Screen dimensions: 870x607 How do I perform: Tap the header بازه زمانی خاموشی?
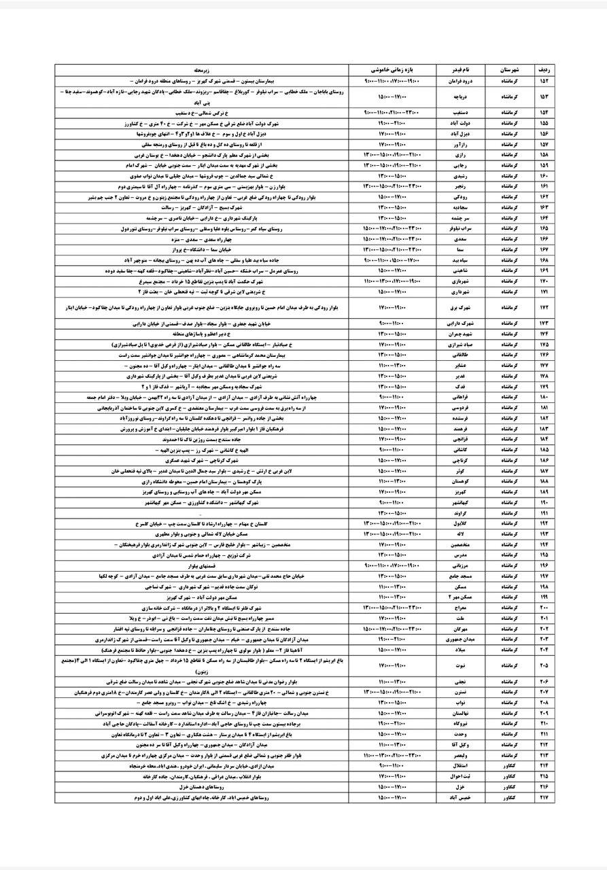click(392, 69)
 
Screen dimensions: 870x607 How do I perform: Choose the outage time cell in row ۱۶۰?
click(392, 175)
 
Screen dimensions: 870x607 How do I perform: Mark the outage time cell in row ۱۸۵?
click(392, 450)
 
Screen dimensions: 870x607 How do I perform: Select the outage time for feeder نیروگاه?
click(392, 724)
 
